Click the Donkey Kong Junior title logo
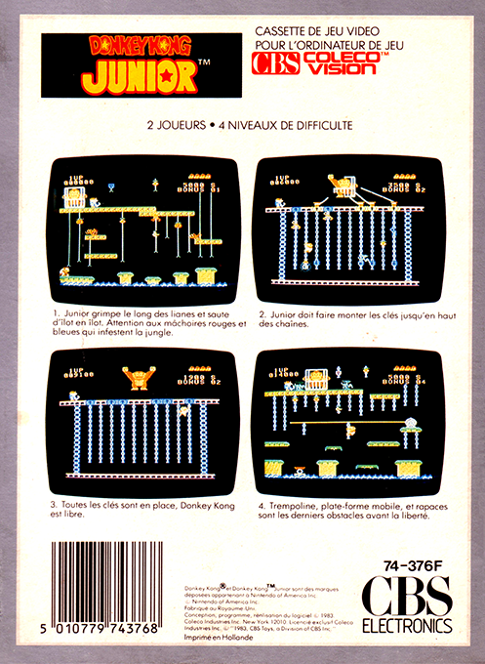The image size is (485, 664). click(141, 64)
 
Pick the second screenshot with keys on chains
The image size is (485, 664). click(344, 230)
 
